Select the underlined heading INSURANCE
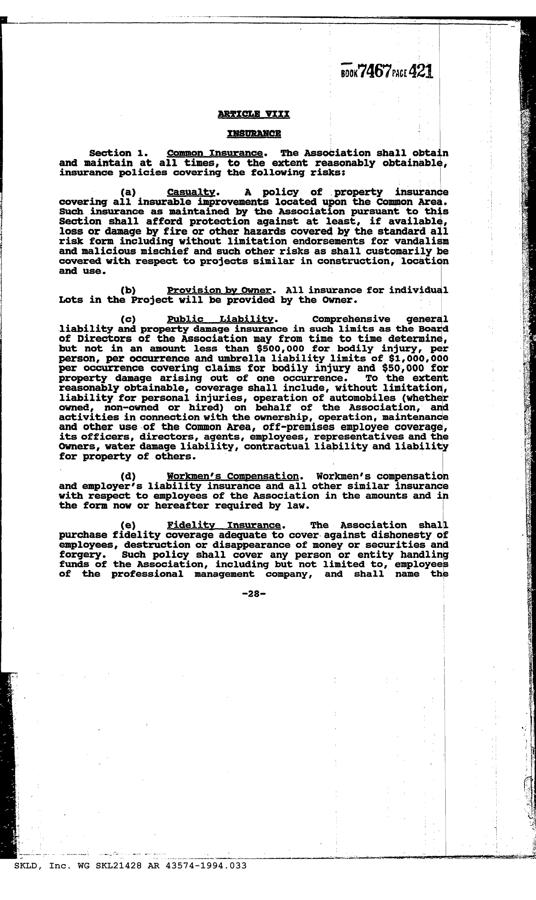(x=254, y=134)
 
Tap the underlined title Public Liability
(x=220, y=319)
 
